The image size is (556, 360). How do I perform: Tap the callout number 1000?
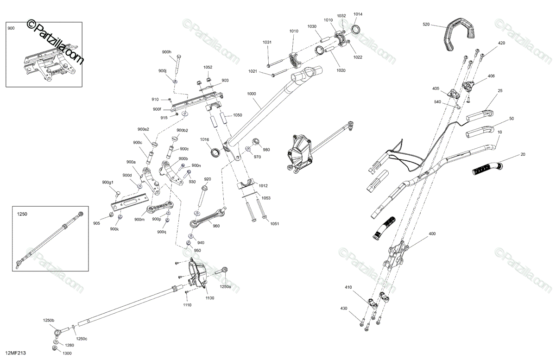coord(252,94)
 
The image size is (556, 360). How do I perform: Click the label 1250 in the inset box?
coord(22,215)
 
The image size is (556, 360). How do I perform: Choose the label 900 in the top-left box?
coord(11,28)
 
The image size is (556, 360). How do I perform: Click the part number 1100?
coord(210,298)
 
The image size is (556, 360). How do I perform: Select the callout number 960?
coord(216,226)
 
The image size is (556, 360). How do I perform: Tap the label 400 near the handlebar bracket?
coord(432,234)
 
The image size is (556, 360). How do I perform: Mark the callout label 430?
coord(343,308)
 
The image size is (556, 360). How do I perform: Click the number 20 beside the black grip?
coord(523,154)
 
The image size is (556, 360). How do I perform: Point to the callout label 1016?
coord(205,139)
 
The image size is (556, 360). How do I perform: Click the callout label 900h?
coord(167,52)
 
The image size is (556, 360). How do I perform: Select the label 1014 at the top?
coord(358,14)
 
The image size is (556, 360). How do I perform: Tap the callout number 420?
coord(501,43)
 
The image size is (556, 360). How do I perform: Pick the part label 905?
coord(96,223)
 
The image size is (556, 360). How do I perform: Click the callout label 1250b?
coord(49,321)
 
